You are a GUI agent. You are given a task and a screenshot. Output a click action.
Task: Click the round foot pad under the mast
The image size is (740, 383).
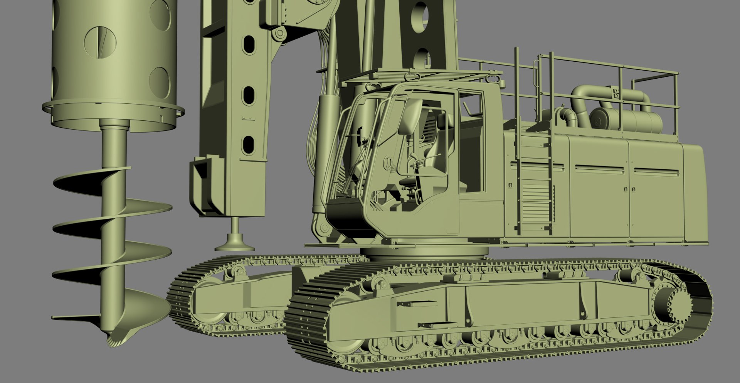(x=234, y=243)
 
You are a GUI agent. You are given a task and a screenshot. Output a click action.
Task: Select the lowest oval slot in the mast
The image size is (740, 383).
(x=249, y=144)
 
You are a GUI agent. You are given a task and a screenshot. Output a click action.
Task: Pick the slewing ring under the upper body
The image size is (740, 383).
(x=424, y=253)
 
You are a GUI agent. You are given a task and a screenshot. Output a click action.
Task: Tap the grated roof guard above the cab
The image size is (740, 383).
(x=416, y=75)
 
